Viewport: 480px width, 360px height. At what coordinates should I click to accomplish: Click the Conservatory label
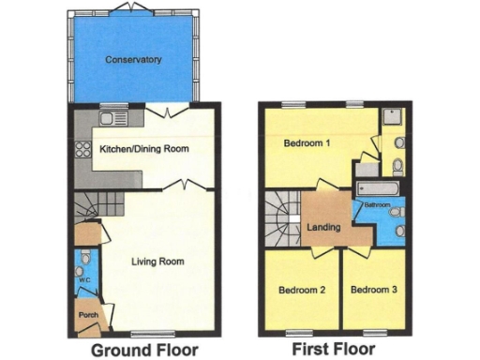(x=133, y=60)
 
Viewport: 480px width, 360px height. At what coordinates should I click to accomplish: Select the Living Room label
(x=157, y=262)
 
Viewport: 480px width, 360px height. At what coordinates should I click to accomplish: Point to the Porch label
(x=89, y=315)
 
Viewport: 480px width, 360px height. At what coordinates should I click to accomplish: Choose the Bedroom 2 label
(x=302, y=291)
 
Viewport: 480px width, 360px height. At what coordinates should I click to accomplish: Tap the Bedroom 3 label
(x=374, y=291)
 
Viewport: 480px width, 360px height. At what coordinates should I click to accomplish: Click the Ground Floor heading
(x=144, y=350)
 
